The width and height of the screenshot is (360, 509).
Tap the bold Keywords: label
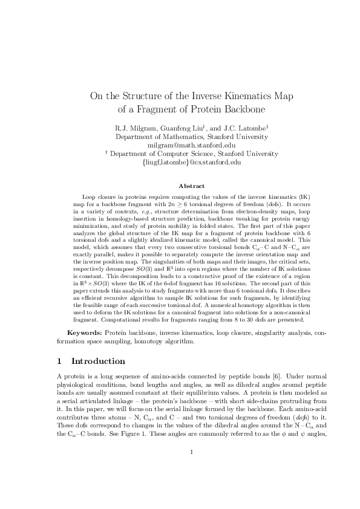tap(84, 333)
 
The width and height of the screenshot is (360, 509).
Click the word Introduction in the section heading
tap(98, 362)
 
